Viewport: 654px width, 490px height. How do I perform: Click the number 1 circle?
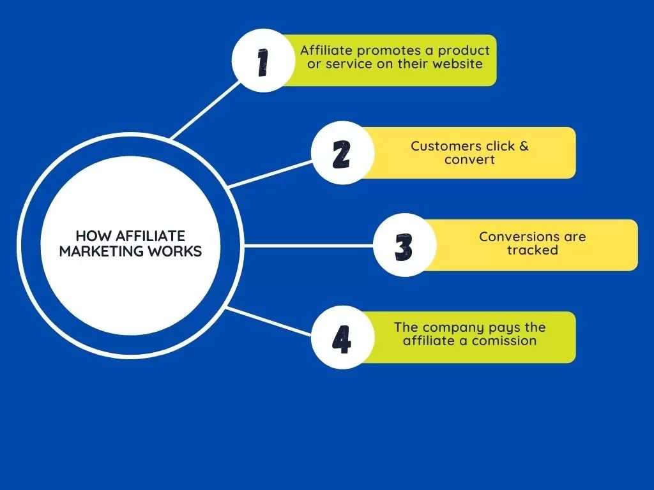[x=262, y=61]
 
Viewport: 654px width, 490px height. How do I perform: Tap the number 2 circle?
[x=342, y=153]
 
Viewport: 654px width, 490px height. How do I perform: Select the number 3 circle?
[x=404, y=246]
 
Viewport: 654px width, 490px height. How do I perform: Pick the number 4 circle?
[x=342, y=338]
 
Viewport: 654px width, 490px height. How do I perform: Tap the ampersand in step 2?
[x=524, y=146]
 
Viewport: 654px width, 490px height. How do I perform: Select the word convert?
[x=469, y=160]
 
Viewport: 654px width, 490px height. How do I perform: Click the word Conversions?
[x=511, y=237]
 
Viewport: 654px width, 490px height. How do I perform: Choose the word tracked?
[x=533, y=250]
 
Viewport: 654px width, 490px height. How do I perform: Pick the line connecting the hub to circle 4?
[x=268, y=322]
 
